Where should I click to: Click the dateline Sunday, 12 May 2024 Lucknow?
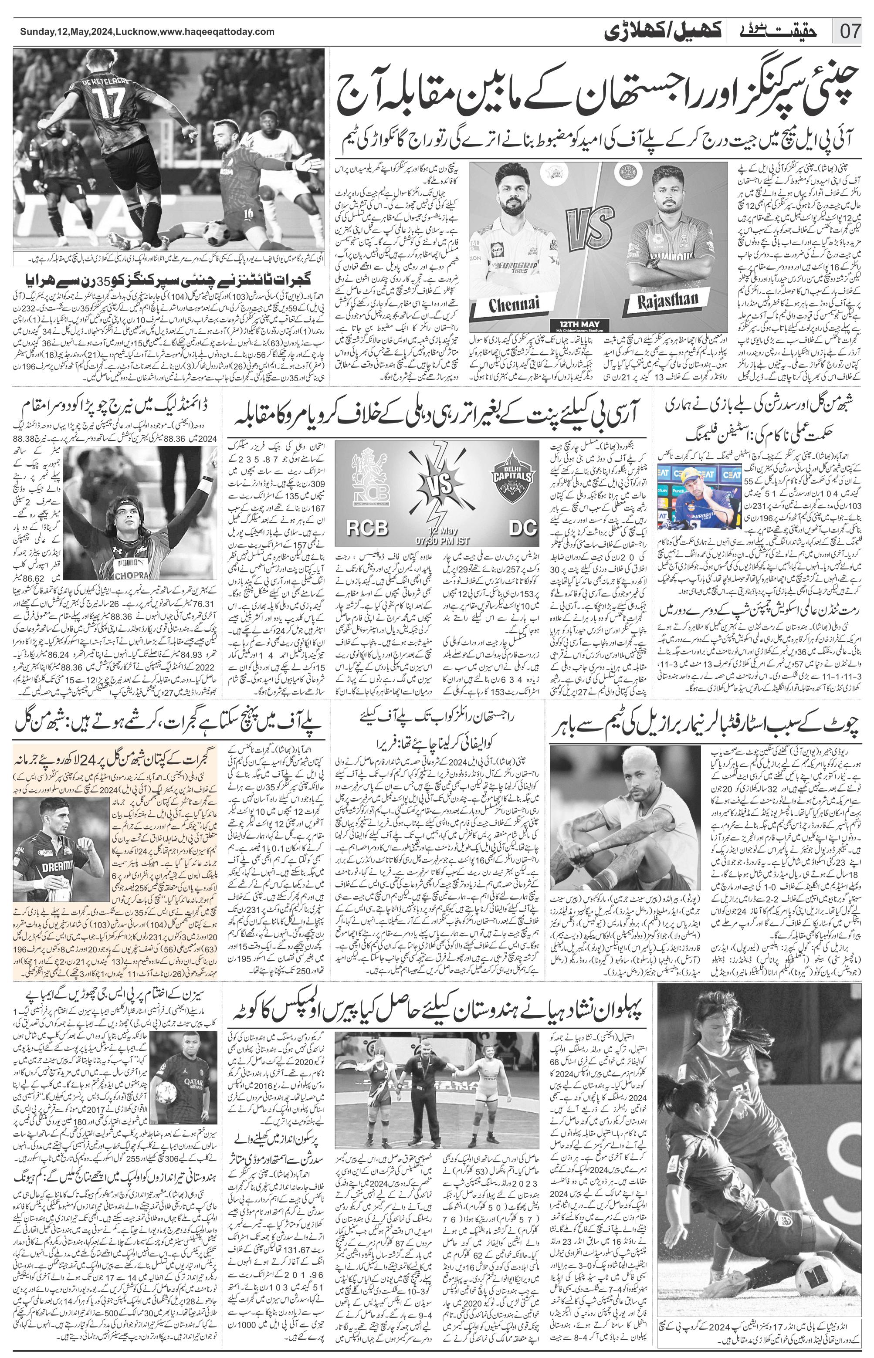[139, 32]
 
